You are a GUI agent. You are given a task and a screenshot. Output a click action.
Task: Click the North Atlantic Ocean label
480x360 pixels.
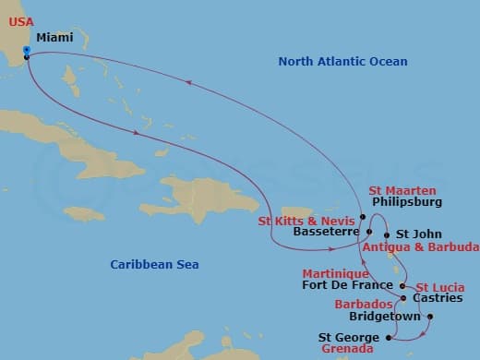pos(342,61)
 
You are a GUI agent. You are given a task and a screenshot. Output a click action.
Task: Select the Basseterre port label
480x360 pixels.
pos(323,233)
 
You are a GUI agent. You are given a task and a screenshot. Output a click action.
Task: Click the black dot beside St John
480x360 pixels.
pos(387,234)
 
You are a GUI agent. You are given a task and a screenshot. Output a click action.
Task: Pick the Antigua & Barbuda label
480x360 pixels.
pos(420,247)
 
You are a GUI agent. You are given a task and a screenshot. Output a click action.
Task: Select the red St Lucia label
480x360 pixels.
pos(439,287)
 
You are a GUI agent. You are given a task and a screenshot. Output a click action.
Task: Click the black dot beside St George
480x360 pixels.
pos(388,338)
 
